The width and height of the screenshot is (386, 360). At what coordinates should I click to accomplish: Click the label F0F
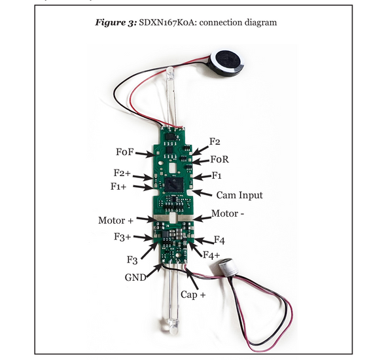(124, 152)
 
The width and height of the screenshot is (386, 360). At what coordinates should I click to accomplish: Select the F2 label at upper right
(215, 141)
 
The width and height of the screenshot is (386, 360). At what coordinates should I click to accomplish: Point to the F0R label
(219, 159)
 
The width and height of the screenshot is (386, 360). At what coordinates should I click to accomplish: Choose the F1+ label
(120, 187)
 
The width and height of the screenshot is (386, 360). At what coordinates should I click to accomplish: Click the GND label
(135, 277)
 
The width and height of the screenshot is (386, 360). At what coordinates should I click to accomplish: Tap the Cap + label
(193, 295)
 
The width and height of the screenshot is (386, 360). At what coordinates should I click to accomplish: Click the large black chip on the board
(174, 185)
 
